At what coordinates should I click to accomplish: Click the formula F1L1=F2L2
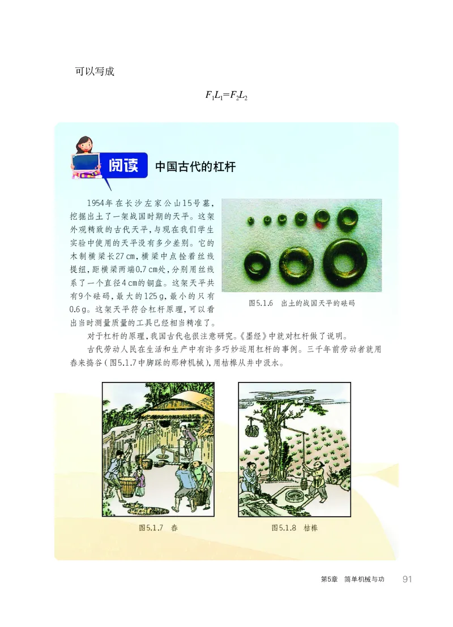tap(226, 96)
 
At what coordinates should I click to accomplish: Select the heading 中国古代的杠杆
tap(195, 167)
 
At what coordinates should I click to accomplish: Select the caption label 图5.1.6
tap(261, 303)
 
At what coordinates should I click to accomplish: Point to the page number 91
tap(407, 579)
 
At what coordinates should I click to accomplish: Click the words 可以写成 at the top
tap(95, 72)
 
